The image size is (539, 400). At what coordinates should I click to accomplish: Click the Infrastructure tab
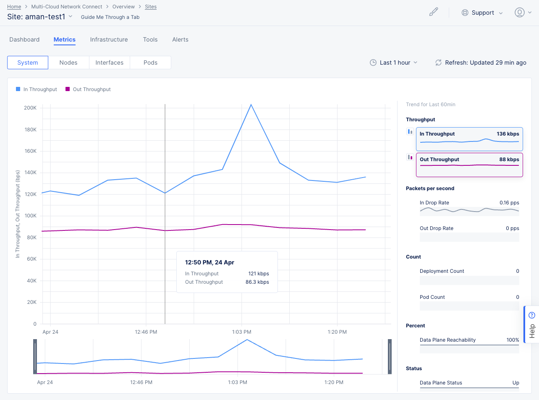(109, 39)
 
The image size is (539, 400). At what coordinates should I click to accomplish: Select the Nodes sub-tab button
(68, 63)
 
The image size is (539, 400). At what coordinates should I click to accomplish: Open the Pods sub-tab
(150, 63)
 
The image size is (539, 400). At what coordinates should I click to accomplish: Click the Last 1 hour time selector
(393, 63)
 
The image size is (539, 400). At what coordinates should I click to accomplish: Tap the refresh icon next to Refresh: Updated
(438, 63)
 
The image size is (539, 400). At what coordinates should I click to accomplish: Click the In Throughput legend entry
(37, 89)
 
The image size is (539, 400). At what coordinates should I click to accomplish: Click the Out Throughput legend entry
(88, 89)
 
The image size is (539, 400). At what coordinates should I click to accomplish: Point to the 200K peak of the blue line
(251, 105)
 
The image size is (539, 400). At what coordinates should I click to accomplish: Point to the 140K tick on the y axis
(31, 173)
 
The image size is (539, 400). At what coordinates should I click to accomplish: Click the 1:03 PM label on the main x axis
(241, 332)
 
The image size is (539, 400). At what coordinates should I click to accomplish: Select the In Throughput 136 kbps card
(469, 139)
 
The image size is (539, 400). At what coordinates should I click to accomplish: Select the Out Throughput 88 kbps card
(469, 165)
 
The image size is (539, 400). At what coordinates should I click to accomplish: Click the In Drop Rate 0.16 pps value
(509, 203)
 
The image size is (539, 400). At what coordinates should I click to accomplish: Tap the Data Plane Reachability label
(447, 340)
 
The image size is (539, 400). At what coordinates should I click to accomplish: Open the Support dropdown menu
(482, 13)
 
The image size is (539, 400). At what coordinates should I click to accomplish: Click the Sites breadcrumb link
(151, 7)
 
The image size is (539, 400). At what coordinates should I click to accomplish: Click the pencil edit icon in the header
(434, 12)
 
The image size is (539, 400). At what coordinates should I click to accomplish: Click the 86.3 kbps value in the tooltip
(257, 282)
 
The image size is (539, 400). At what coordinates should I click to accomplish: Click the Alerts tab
(180, 39)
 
